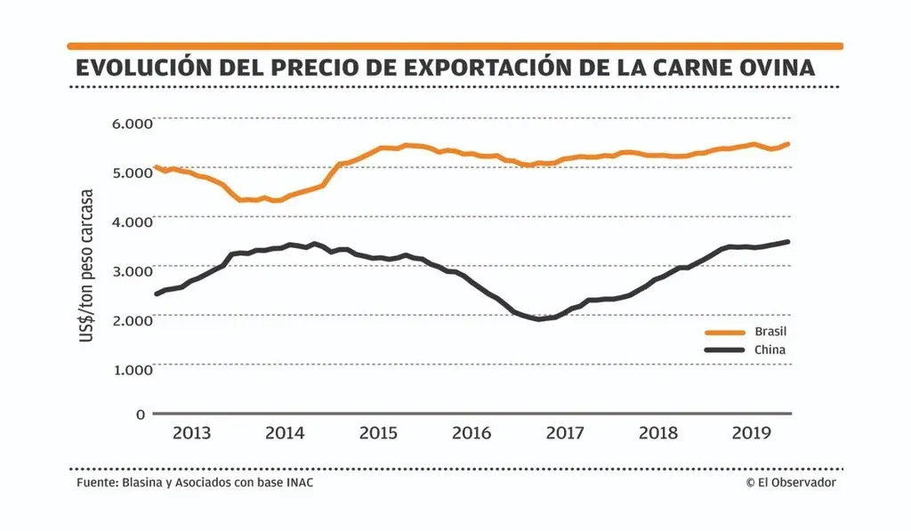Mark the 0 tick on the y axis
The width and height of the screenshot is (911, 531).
[x=141, y=414]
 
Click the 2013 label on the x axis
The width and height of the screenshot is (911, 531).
[x=191, y=434]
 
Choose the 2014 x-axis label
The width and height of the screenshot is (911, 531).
[x=285, y=434]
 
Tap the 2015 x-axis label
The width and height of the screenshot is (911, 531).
[x=378, y=434]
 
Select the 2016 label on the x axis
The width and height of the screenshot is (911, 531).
[x=472, y=434]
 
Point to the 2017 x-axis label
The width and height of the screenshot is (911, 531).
[x=564, y=434]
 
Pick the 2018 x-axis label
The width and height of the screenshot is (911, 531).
[x=657, y=434]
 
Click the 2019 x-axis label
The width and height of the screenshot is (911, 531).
[x=750, y=434]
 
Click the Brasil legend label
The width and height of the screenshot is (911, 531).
[x=770, y=331]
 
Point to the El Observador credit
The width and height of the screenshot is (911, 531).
[x=791, y=482]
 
